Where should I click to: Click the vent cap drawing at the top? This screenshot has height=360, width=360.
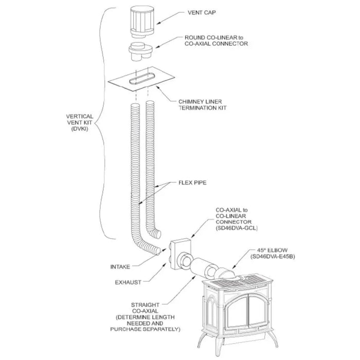pos(139,22)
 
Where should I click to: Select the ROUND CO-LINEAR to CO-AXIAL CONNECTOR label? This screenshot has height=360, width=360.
pos(215,41)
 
